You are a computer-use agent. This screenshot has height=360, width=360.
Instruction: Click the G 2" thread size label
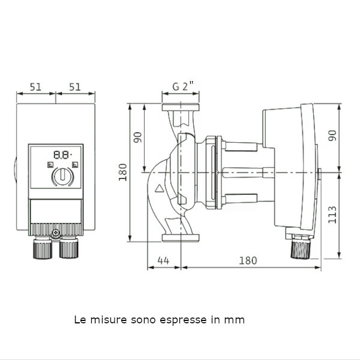(180, 86)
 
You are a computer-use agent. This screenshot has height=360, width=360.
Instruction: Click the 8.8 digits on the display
(59, 154)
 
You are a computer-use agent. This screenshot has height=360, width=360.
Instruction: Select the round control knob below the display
(61, 176)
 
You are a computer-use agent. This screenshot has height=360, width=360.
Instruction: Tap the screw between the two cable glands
(55, 233)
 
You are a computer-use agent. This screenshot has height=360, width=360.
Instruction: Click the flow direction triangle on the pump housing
(159, 189)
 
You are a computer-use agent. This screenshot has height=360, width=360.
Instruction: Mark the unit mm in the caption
(235, 320)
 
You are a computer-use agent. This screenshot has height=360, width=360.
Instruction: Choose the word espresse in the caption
(181, 320)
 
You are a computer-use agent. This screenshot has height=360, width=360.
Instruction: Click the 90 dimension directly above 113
(333, 136)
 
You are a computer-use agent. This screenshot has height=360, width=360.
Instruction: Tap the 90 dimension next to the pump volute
(138, 137)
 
